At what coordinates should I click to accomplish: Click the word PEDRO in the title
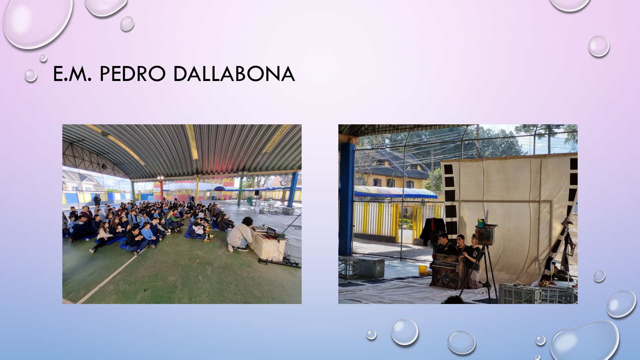click(x=132, y=74)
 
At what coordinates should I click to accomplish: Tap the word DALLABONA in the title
click(x=234, y=74)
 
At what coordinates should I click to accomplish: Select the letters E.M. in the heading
click(x=72, y=74)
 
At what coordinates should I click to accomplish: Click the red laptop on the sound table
click(x=271, y=232)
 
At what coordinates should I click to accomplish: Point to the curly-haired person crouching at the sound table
click(x=241, y=234)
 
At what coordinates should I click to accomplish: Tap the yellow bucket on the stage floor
click(x=423, y=269)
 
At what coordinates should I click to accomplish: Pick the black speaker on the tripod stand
click(x=257, y=193)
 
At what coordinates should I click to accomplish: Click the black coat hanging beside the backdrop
click(x=433, y=232)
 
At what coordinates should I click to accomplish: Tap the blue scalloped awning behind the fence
click(x=395, y=192)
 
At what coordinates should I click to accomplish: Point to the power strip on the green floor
click(x=280, y=263)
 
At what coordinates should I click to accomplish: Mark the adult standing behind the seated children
click(x=97, y=200)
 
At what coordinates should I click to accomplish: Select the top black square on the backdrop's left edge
click(x=448, y=169)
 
